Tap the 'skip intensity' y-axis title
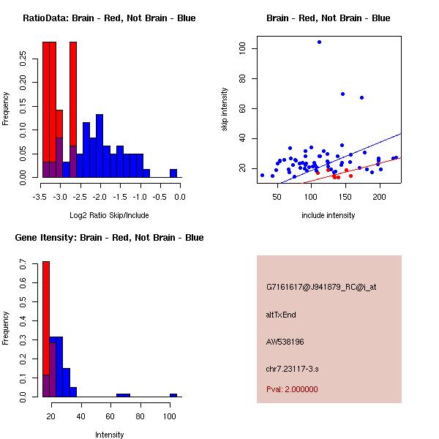[225, 110]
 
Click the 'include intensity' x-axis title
[328, 215]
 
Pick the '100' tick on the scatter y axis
[242, 48]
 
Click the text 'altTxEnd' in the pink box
[281, 315]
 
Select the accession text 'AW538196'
[285, 342]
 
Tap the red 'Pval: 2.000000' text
[292, 389]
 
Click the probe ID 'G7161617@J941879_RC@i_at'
[321, 288]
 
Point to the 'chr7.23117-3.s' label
[292, 367]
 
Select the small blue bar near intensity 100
[173, 395]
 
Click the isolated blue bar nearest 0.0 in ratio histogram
[173, 173]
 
